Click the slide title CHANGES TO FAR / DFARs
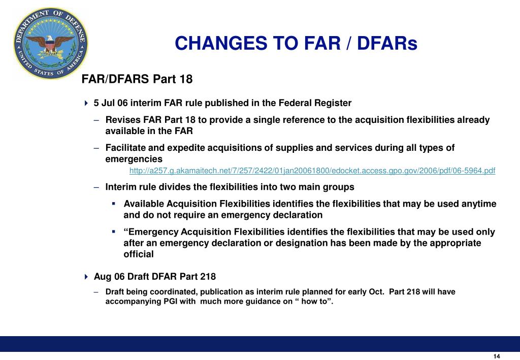(x=296, y=44)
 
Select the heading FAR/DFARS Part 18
(x=138, y=79)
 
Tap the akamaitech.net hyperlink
(x=312, y=171)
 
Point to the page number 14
(x=497, y=356)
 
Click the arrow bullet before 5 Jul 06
(x=86, y=103)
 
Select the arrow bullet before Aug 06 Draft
(x=86, y=277)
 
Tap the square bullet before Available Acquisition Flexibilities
(x=114, y=204)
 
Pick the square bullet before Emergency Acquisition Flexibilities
(x=114, y=232)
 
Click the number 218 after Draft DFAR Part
(x=208, y=277)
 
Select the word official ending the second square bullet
(x=139, y=254)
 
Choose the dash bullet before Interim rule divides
(x=96, y=187)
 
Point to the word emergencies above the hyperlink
(x=134, y=159)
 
